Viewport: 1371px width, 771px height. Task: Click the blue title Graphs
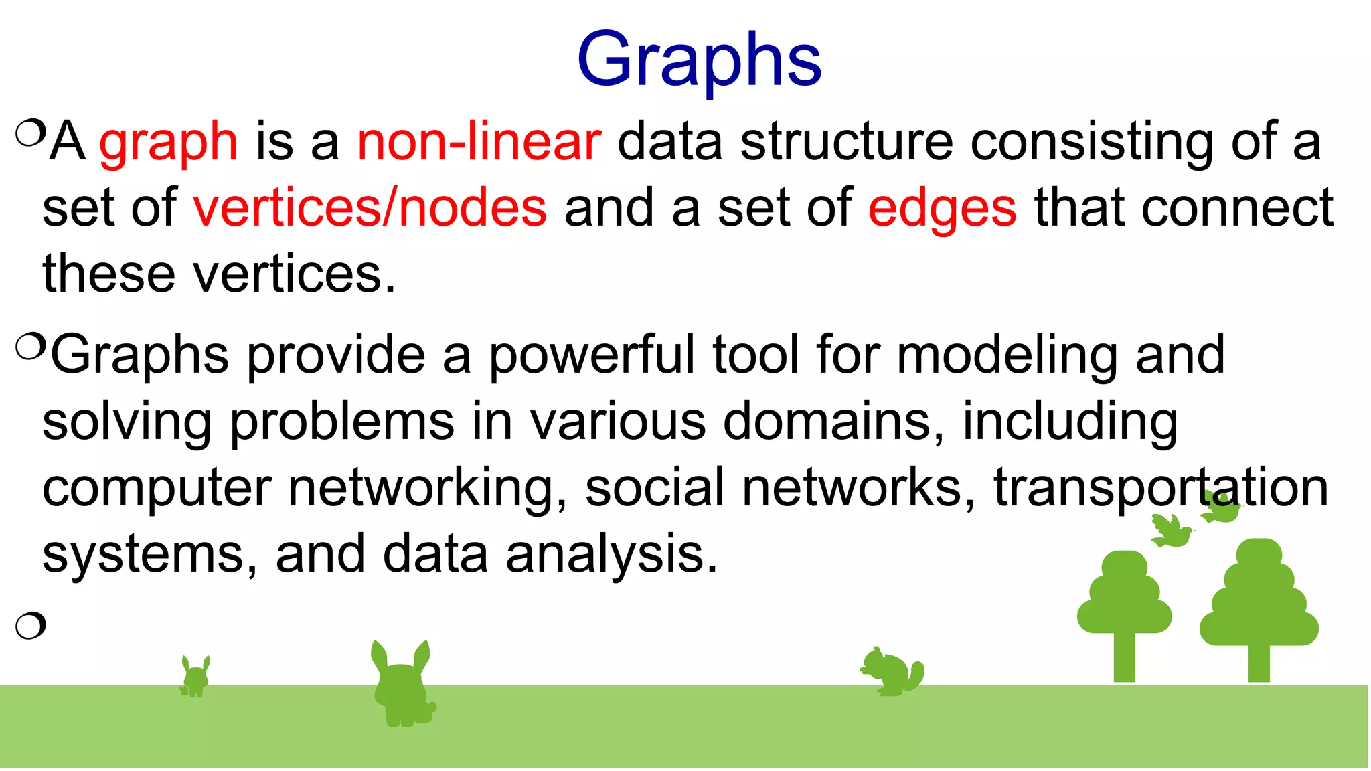[699, 60]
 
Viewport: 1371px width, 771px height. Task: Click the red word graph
[169, 142]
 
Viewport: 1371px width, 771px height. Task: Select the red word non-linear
[479, 142]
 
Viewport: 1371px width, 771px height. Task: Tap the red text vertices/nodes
[370, 208]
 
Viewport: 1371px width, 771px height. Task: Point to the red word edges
[942, 209]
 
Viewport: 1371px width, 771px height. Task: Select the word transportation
[1160, 487]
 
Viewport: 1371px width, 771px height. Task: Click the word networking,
[427, 487]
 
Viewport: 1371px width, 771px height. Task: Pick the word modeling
[1007, 355]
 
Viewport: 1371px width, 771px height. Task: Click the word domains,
[834, 422]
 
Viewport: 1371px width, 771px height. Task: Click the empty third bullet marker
[30, 626]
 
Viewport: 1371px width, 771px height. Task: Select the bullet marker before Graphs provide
[30, 347]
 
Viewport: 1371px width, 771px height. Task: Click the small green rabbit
[195, 677]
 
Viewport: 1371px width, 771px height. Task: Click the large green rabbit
[402, 686]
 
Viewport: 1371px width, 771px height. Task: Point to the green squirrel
[892, 671]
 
